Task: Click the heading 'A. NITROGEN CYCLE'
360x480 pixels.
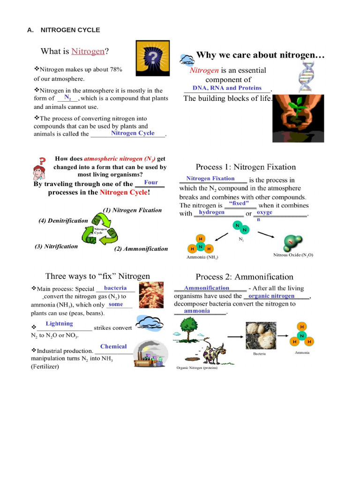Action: point(63,30)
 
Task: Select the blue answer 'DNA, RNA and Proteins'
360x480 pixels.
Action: point(224,88)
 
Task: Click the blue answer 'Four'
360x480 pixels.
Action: point(151,182)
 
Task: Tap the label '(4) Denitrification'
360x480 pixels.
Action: point(63,220)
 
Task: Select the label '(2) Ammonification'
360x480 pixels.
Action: point(141,249)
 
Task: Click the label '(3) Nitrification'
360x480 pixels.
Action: point(56,246)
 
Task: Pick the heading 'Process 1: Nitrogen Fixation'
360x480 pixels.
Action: point(246,167)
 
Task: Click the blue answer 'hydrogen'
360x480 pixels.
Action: point(211,212)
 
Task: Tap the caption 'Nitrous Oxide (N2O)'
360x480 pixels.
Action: point(293,255)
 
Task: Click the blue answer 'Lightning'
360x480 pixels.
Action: point(60,324)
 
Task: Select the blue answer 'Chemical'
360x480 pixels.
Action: point(113,346)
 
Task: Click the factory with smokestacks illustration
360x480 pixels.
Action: point(150,354)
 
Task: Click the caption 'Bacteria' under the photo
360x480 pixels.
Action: point(260,353)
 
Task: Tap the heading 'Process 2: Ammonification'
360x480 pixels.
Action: point(244,277)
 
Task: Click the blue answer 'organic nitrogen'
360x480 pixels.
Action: point(271,296)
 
